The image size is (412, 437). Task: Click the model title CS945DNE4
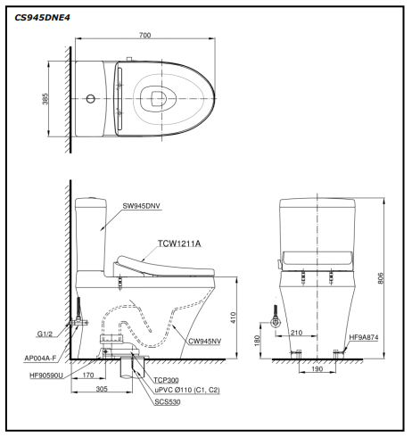click(x=42, y=18)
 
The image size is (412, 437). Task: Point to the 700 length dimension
click(x=144, y=35)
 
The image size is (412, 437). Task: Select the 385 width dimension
click(x=45, y=99)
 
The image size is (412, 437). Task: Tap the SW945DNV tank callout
click(x=141, y=206)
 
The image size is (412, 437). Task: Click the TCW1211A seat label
click(x=179, y=243)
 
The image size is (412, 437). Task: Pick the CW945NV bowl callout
click(x=205, y=341)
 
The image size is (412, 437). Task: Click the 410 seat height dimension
click(x=233, y=317)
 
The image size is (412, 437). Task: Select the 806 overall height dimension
click(x=381, y=278)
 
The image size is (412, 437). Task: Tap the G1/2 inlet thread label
click(x=45, y=334)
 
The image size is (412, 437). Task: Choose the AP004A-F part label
click(x=40, y=359)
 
